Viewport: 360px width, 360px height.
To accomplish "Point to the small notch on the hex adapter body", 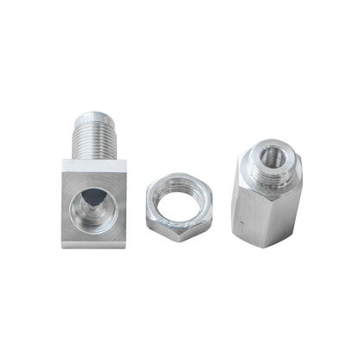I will (239, 222).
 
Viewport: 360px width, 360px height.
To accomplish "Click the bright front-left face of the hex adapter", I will (247, 212).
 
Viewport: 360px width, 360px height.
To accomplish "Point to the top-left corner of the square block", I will (64, 161).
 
